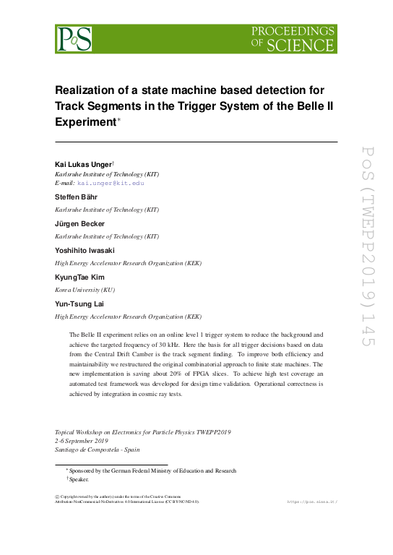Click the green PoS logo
coord(74,38)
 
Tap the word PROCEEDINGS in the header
coord(293,31)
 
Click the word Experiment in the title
coord(85,122)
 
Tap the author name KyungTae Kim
coord(80,277)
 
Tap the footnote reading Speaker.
coord(79,479)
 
